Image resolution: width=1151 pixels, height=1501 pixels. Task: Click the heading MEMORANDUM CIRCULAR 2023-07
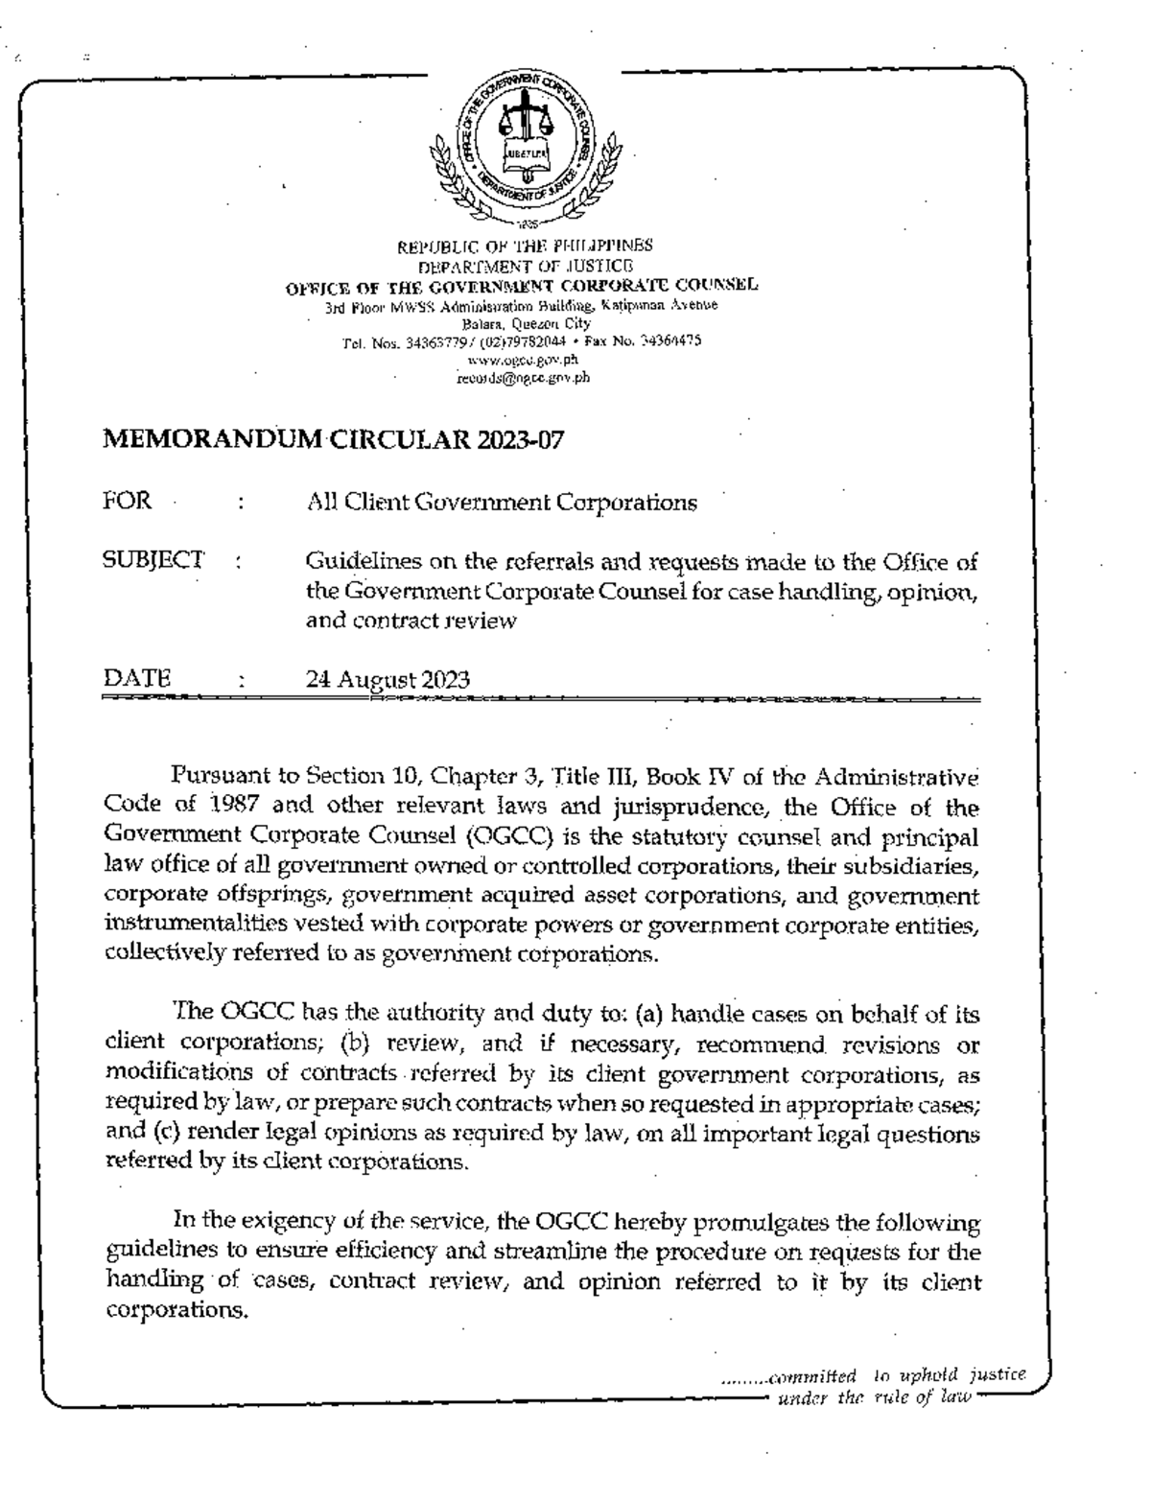click(333, 440)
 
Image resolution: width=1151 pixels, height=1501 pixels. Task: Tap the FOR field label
click(127, 501)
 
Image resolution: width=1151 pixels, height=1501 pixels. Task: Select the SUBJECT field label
click(153, 559)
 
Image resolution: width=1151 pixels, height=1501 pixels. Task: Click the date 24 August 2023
click(388, 680)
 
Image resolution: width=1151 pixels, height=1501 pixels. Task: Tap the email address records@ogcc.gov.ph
click(523, 377)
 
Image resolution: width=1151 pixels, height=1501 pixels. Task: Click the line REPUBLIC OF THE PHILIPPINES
click(525, 246)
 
